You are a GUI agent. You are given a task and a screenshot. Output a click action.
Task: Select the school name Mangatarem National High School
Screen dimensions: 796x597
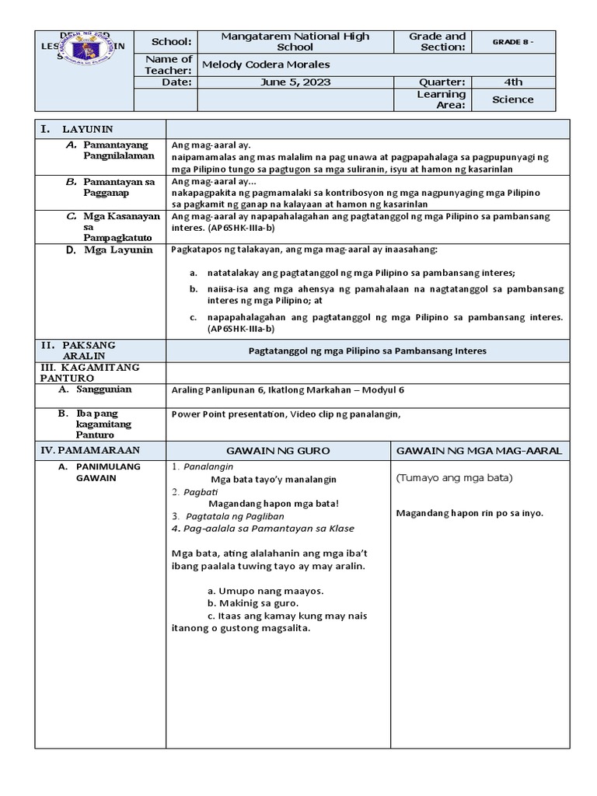(x=295, y=41)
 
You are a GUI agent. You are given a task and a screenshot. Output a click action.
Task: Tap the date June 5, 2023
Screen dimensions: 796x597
(x=295, y=82)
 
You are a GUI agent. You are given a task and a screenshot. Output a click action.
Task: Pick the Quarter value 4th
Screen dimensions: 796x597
(x=513, y=82)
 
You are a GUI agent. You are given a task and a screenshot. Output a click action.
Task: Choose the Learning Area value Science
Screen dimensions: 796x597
(x=513, y=99)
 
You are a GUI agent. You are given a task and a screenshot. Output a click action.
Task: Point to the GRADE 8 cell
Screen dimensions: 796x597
(x=513, y=41)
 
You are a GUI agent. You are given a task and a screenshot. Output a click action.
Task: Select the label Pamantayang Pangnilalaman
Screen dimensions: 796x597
(x=117, y=150)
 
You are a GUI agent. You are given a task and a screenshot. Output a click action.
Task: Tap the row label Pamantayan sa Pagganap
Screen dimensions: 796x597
(x=117, y=187)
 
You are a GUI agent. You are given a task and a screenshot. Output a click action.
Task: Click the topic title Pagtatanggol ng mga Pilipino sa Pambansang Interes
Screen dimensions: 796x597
(x=368, y=351)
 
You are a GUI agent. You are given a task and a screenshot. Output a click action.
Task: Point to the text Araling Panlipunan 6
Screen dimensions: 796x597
(x=218, y=390)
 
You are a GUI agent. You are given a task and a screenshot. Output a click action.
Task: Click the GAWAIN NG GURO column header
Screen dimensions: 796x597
(x=278, y=451)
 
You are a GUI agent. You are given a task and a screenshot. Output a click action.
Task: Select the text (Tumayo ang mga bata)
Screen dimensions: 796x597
(x=446, y=477)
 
